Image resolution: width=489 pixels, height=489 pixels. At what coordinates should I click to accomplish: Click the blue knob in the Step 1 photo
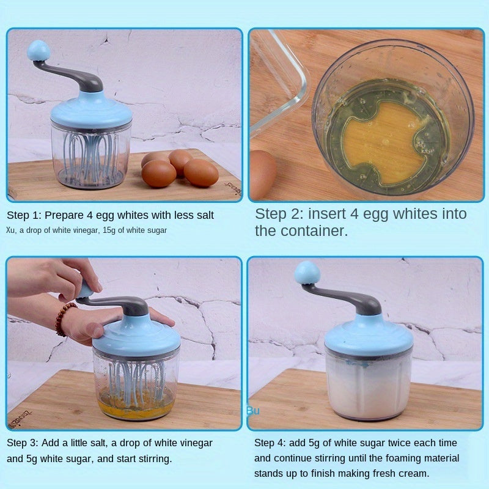click(39, 51)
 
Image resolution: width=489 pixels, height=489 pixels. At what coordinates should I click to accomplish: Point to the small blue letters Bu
click(252, 411)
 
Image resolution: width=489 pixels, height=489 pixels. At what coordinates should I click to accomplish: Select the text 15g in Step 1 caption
click(109, 230)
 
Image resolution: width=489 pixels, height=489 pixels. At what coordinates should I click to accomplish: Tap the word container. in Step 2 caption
click(314, 231)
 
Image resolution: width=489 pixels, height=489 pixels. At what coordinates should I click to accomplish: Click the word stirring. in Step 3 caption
click(155, 459)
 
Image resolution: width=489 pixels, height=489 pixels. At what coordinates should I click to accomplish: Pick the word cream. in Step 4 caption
click(414, 473)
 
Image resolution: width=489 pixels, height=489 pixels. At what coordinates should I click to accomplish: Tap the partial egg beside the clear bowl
click(263, 175)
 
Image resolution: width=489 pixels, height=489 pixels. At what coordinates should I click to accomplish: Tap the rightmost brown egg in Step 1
click(201, 173)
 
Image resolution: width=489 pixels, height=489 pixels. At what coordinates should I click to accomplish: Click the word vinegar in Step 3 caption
click(195, 443)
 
